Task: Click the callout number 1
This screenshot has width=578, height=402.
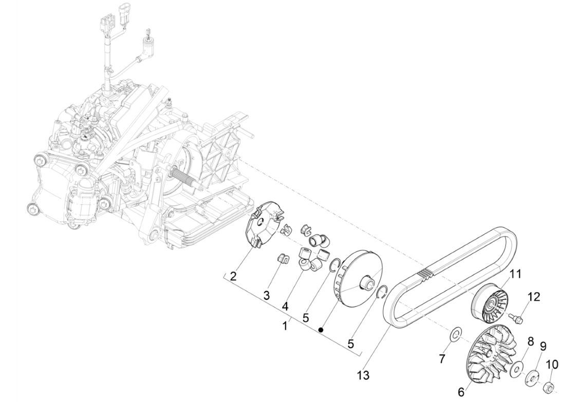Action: coord(285,326)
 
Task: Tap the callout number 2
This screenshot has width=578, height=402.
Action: coord(233,277)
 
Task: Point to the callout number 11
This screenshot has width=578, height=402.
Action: coord(515,275)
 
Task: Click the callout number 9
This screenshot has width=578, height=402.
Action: coord(543,346)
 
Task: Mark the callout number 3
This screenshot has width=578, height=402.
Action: coord(267,295)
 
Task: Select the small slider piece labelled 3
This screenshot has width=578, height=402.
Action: coord(282,258)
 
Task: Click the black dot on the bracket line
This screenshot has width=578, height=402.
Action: coord(321,330)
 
